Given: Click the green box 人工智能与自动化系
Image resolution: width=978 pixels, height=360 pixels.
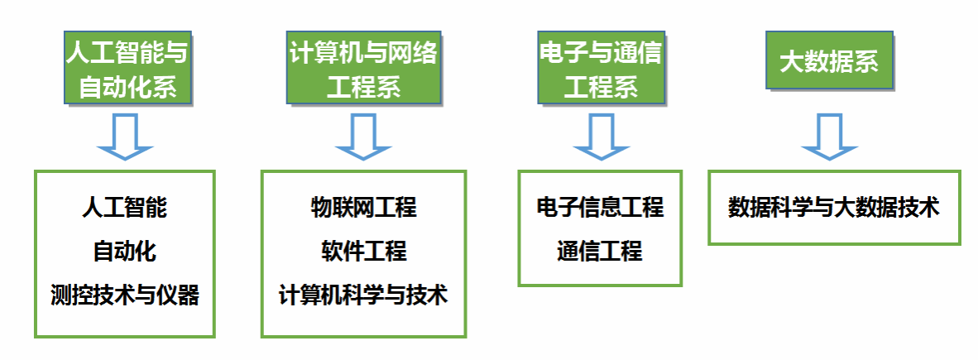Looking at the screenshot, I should (x=127, y=68).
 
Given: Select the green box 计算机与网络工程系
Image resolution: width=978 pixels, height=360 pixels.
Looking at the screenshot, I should (x=363, y=68).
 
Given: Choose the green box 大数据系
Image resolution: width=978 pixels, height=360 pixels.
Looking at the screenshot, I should (x=828, y=60).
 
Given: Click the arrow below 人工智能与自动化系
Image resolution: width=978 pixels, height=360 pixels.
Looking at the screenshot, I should (x=125, y=137).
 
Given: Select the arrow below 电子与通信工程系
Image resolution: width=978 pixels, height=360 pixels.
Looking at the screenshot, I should (x=600, y=137).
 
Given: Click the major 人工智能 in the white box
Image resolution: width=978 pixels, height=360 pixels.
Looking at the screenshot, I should (x=124, y=207).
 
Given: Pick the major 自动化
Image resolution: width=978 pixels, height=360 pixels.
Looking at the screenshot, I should (x=124, y=250).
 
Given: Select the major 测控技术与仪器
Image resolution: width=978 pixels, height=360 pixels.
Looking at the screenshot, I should (x=124, y=294).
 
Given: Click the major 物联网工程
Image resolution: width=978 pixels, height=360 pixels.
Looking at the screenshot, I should (x=363, y=207).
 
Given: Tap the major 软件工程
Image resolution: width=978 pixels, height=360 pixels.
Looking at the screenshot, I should (x=363, y=250).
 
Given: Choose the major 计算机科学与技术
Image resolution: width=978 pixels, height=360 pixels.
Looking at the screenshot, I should (x=363, y=294).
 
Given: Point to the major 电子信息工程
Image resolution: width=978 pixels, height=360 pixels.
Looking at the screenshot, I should (x=600, y=207).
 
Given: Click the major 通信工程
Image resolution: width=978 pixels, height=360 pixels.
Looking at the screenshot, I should (x=600, y=250).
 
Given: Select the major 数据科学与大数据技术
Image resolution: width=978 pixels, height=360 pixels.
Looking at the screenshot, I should (x=833, y=207).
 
